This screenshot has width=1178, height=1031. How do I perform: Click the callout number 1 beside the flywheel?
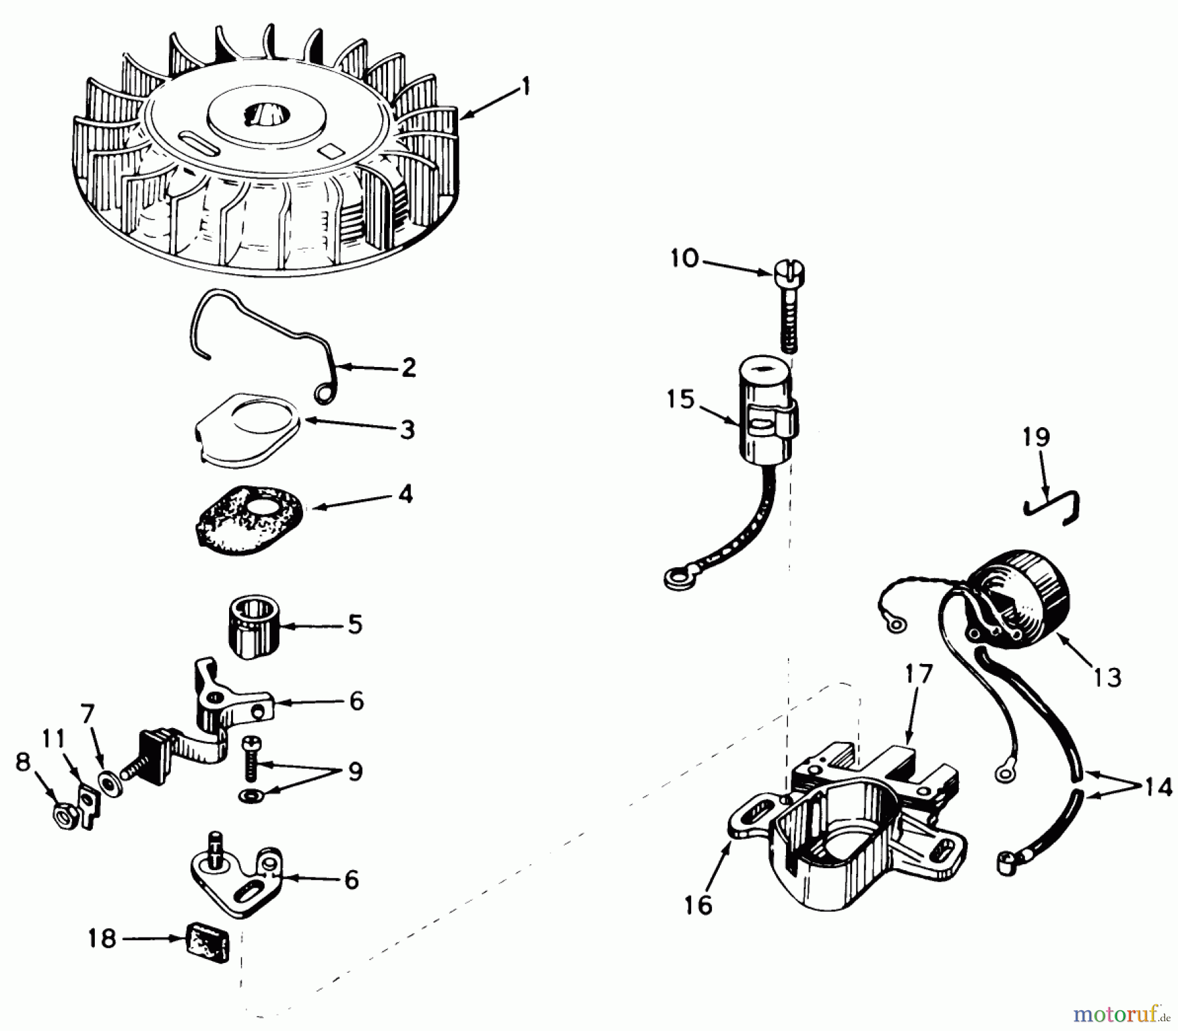pyautogui.click(x=525, y=86)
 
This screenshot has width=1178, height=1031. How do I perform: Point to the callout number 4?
pyautogui.click(x=406, y=495)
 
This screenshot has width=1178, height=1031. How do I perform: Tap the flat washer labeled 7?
pyautogui.click(x=109, y=782)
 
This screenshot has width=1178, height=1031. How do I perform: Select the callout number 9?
pyautogui.click(x=355, y=772)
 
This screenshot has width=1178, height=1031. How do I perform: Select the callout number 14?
pyautogui.click(x=1158, y=788)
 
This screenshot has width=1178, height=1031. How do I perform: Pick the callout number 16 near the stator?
pyautogui.click(x=698, y=905)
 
